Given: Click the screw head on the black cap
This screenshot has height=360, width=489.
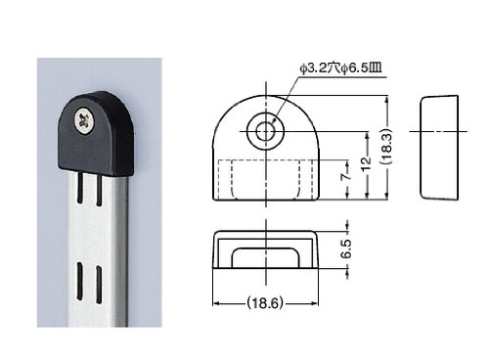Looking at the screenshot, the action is [x=84, y=121].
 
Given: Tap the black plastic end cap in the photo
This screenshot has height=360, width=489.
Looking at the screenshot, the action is [x=96, y=133].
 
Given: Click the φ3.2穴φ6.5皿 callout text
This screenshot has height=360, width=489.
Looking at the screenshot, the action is [x=340, y=68].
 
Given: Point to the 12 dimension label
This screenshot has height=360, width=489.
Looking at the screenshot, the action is [x=367, y=162].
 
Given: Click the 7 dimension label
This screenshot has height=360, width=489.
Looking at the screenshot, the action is [x=346, y=176].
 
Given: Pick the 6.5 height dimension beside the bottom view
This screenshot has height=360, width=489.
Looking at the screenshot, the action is [x=347, y=248].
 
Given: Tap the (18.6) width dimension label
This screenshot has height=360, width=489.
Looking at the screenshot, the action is [x=264, y=303].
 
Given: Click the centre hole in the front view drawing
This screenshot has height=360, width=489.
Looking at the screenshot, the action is [x=265, y=131].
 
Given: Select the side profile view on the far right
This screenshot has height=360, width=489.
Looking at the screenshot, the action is [x=439, y=147].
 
